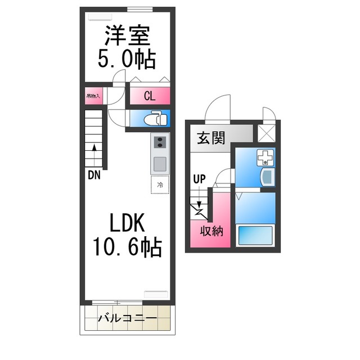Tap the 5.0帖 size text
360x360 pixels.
pos(127,58)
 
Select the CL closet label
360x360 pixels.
pos(149,96)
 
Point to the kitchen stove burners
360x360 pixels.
pos(159,144)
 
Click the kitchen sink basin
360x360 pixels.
pos(159,164)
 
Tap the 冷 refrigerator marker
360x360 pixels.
pos(160,184)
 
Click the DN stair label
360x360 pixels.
pos(93,175)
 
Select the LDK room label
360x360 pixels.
pos(127,223)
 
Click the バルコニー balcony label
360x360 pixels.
pos(127,318)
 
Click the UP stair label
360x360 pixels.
pos(199,179)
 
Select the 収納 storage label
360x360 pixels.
pos(211,230)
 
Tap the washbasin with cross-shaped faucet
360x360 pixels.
pos(264,159)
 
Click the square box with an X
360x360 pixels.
pos(265,133)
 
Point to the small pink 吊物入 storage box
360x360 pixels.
pos(93,96)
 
